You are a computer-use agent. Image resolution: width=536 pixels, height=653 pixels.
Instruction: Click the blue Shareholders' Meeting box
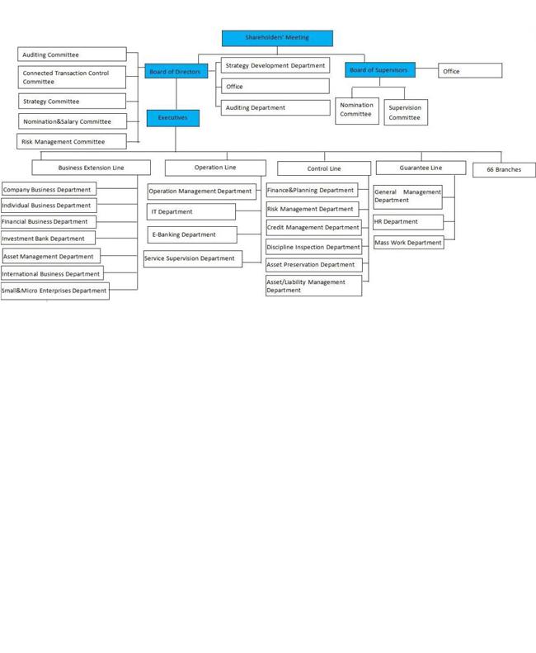tap(277, 38)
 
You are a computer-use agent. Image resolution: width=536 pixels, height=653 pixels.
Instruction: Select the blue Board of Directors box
tap(176, 71)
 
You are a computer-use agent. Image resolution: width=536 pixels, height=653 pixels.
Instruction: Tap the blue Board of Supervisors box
tap(380, 70)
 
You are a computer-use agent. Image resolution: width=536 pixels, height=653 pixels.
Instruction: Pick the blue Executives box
tap(173, 118)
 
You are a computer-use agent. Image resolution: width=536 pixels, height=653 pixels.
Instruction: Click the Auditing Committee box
tap(72, 54)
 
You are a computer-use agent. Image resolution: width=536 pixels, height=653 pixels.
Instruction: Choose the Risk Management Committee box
tap(72, 141)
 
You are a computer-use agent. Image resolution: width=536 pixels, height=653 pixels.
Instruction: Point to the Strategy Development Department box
tap(275, 65)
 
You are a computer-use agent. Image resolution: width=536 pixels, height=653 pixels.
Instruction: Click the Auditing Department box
tap(275, 107)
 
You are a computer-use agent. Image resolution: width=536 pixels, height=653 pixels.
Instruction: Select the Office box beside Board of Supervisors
tap(470, 70)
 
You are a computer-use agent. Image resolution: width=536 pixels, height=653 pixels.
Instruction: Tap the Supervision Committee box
tap(406, 112)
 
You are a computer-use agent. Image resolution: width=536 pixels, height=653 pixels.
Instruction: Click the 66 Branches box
tap(504, 169)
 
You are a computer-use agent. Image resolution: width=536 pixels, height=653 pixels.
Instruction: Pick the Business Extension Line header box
tap(92, 168)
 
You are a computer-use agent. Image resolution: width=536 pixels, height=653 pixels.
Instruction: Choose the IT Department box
tap(191, 211)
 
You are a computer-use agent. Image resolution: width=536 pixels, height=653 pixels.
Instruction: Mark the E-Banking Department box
tap(192, 234)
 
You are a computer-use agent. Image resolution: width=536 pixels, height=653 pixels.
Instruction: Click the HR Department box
tap(408, 222)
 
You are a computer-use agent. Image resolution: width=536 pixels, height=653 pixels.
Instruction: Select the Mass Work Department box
tap(409, 243)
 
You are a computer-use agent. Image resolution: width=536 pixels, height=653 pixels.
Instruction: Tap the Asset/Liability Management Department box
tap(314, 286)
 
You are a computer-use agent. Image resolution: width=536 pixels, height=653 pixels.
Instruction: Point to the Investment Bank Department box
tap(48, 239)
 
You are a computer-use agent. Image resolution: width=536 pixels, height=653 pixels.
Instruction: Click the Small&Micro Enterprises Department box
tap(54, 291)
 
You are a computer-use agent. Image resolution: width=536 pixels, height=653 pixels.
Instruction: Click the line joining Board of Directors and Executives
tap(176, 94)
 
